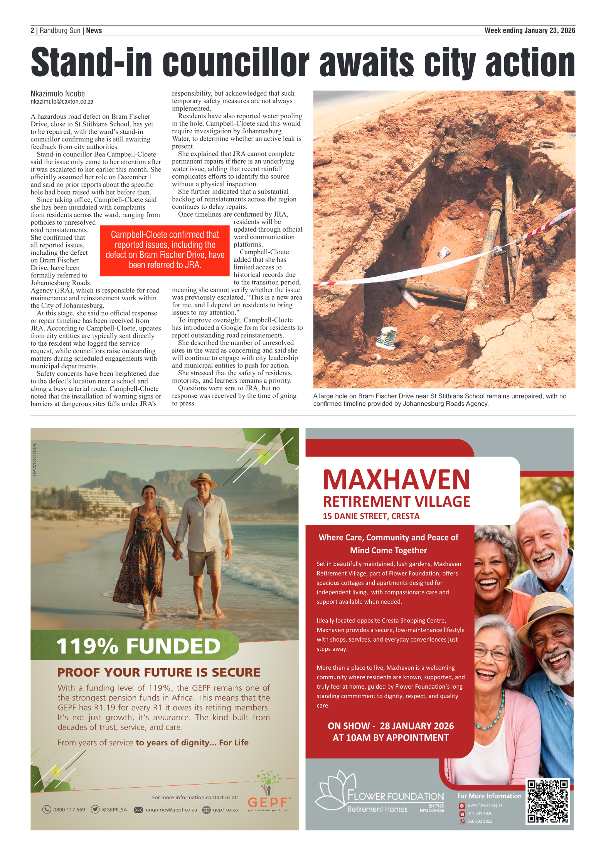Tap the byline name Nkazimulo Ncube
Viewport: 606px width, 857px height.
coord(58,94)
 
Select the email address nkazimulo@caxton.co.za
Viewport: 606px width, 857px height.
coord(62,102)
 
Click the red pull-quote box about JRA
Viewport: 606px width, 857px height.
coord(165,250)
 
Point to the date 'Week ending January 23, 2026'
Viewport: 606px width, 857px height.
coord(530,30)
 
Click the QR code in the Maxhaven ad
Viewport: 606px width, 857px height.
coord(547,801)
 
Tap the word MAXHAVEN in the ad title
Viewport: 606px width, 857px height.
coord(396,480)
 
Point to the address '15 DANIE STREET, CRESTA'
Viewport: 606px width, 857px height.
coord(371,516)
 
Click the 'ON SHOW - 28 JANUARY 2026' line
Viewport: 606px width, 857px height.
coord(391,726)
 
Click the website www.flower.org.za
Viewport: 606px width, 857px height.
coord(485,805)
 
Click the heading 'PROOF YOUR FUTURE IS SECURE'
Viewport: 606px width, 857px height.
coord(159,672)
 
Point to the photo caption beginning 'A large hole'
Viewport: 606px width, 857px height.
coord(439,400)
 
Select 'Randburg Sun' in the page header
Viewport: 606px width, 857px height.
coord(60,30)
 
